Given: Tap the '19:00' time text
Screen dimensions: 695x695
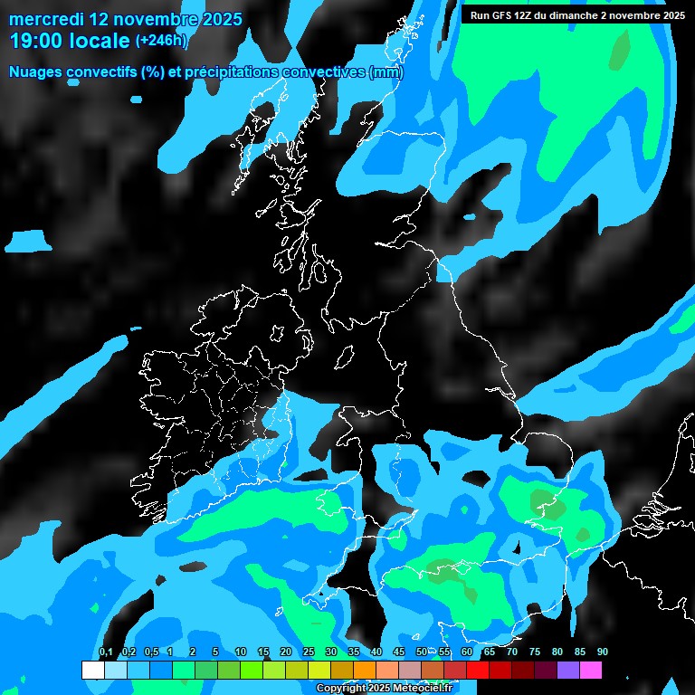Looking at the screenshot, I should pos(36,40).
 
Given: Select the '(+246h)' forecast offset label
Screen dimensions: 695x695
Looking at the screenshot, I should pos(161,40).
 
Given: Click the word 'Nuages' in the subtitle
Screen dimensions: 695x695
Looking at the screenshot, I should pos(37,71).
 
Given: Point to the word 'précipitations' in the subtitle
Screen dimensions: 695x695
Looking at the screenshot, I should pos(230,71).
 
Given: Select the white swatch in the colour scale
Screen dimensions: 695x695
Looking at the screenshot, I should pos(92,670).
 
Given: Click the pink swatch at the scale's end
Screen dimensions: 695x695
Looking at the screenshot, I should pos(590,670).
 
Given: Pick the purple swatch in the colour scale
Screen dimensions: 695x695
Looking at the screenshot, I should pos(567,670).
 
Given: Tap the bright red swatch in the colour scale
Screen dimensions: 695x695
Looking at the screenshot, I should pos(477,670).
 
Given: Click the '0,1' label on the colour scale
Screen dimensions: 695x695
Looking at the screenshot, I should pos(105,652).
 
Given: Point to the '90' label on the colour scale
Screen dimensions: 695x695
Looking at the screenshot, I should pos(602,652).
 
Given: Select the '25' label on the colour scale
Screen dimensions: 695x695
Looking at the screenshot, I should pos(308,652).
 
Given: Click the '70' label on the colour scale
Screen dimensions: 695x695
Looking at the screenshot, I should pos(511,652).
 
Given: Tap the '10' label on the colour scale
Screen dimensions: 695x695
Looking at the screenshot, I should pos(240,652).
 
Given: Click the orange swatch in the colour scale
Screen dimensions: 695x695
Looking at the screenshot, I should pos(364,670).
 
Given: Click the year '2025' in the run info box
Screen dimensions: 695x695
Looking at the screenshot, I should pos(669,15).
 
